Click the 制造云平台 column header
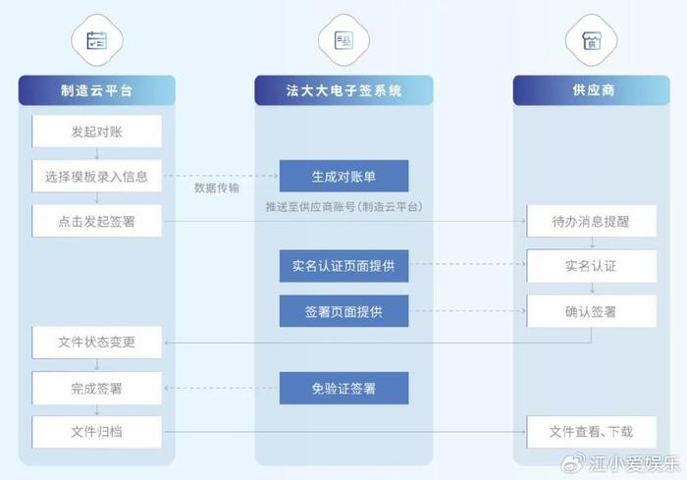click(96, 90)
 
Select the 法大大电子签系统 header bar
click(343, 90)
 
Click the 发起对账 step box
click(96, 131)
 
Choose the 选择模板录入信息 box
click(96, 177)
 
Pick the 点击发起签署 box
click(96, 221)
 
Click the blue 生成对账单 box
click(343, 177)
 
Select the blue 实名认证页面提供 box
click(343, 265)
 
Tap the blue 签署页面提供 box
click(343, 311)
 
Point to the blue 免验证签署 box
click(343, 389)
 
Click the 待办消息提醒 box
click(591, 221)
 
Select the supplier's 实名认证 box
click(591, 266)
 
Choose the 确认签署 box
click(591, 311)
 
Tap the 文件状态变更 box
click(96, 343)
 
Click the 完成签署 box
click(96, 388)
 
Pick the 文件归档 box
click(96, 432)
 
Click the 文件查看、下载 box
click(591, 432)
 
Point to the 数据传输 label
click(217, 187)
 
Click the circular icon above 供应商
click(590, 40)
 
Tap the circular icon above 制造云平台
click(96, 40)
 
